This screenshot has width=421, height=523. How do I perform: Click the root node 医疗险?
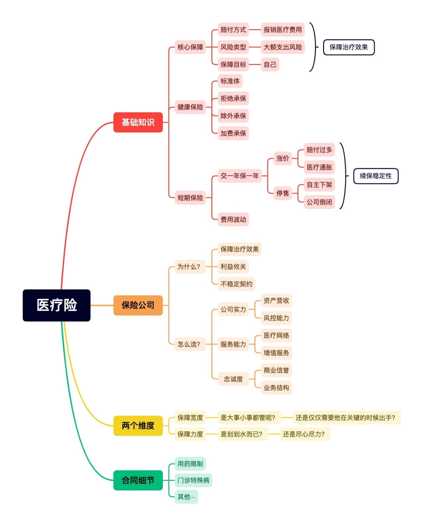[x=57, y=305]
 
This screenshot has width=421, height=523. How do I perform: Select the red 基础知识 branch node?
[x=138, y=122]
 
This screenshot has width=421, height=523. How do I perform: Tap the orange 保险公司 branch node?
[x=138, y=305]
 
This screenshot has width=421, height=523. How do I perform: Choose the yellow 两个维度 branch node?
[x=138, y=425]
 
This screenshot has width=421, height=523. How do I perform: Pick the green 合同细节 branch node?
[x=138, y=480]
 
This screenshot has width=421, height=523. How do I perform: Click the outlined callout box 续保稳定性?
[x=376, y=176]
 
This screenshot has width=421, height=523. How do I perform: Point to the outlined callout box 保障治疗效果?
[x=348, y=47]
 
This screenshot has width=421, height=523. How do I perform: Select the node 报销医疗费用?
[x=283, y=30]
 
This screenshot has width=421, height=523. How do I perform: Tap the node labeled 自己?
[x=270, y=64]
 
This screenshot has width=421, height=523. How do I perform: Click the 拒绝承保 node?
[x=233, y=98]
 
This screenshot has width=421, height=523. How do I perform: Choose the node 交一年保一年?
[x=239, y=176]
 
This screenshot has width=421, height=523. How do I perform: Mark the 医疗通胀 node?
[x=319, y=167]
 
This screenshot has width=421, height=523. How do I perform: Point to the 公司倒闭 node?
[x=319, y=202]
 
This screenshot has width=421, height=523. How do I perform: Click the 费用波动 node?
[x=233, y=219]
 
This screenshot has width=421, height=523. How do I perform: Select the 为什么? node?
[x=189, y=267]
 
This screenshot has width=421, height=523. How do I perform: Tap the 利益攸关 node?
[x=233, y=267]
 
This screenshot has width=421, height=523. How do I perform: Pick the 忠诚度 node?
[x=233, y=379]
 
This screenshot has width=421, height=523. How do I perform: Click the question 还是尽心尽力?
[x=304, y=434]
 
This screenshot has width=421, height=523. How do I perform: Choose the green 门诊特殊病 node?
[x=193, y=480]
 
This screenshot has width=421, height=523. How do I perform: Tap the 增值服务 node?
[x=276, y=353]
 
